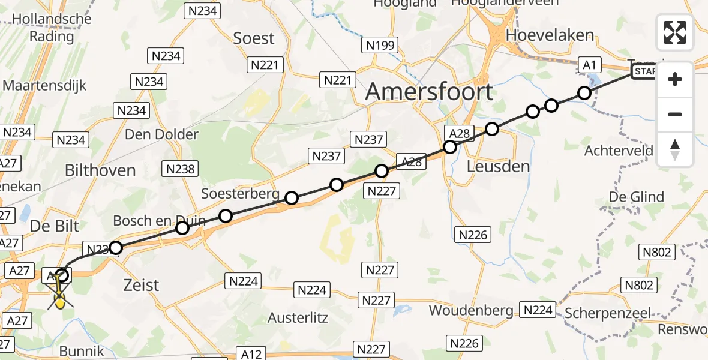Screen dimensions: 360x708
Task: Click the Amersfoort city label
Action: tap(429, 92)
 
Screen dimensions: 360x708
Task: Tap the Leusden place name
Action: tap(498, 166)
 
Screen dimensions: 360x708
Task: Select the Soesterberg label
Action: tap(240, 194)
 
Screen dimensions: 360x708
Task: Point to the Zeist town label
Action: tap(141, 285)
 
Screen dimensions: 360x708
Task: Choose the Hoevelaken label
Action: tap(550, 35)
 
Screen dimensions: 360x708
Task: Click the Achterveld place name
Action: tap(619, 151)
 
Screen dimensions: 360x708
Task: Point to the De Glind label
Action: tap(637, 197)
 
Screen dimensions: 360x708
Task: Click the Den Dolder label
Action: tap(161, 134)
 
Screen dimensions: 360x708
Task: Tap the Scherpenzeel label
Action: tap(608, 313)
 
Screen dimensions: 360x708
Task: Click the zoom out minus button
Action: tap(675, 115)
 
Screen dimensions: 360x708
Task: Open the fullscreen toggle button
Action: tap(675, 32)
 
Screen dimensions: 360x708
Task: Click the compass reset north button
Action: tap(675, 149)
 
